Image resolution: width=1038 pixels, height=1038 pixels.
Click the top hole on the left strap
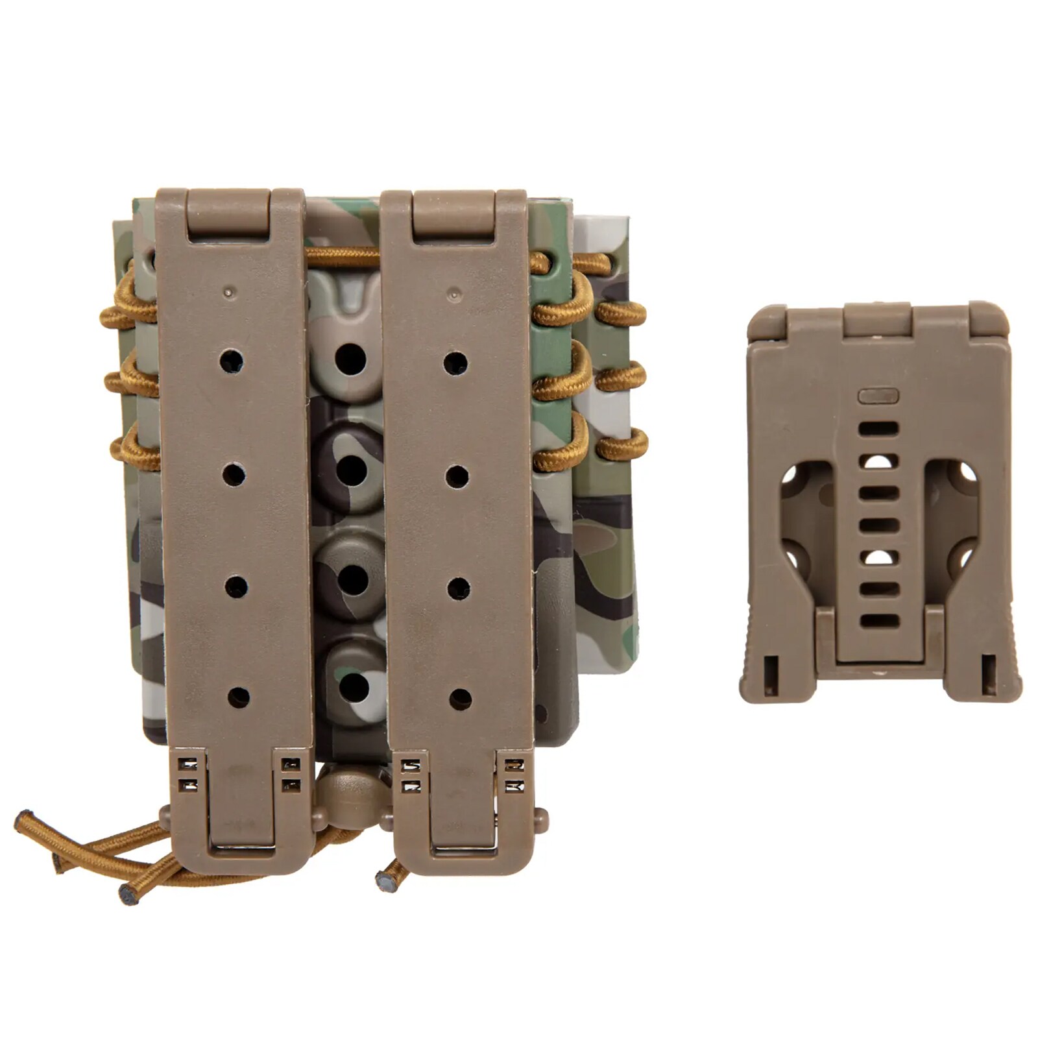click(x=232, y=359)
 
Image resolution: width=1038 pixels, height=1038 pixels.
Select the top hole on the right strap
click(x=455, y=363)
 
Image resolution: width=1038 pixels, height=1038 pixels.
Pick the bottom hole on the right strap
click(x=460, y=699)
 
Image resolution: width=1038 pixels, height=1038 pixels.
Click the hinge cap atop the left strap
click(x=229, y=213)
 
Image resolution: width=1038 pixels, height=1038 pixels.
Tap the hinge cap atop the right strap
click(x=455, y=215)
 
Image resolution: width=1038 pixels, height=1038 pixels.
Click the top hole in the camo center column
click(x=350, y=357)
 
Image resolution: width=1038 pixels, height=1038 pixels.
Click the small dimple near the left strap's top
click(x=227, y=292)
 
